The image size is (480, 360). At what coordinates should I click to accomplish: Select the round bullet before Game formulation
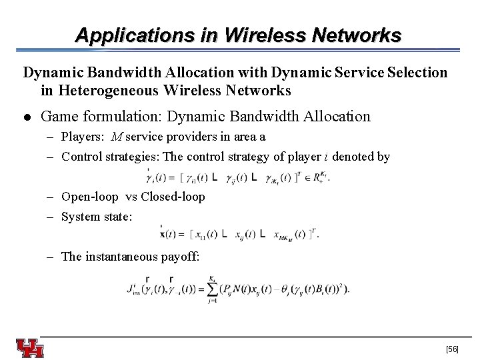pos(27,117)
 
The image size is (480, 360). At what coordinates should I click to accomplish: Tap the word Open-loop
pos(89,197)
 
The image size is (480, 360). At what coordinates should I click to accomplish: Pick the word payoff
pos(179,257)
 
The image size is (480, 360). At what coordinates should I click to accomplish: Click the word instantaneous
pos(120,257)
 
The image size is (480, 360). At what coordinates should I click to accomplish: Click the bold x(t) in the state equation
pos(171,235)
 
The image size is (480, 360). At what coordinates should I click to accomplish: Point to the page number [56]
pos(451,349)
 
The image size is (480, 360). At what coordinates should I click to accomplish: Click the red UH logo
pos(30,348)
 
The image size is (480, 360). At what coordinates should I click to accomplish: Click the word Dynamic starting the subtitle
pos(50,72)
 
